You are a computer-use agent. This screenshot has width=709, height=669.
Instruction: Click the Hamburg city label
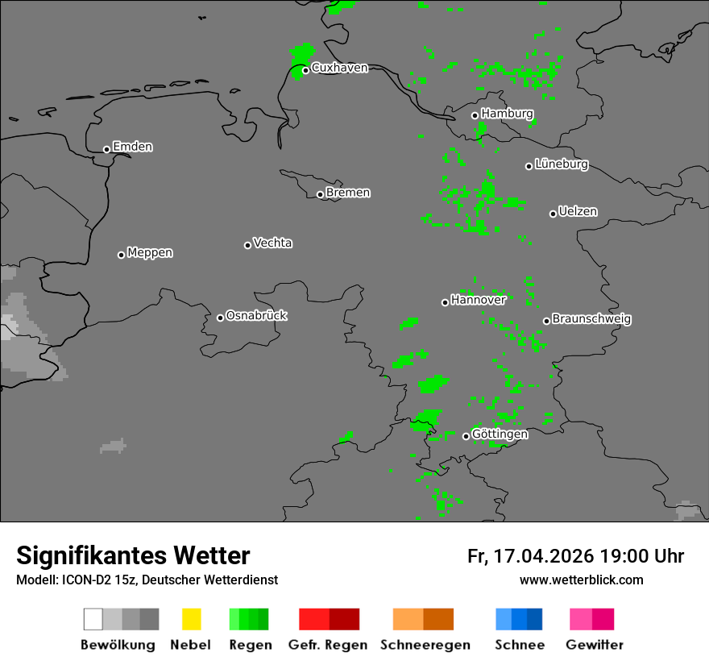coord(507,114)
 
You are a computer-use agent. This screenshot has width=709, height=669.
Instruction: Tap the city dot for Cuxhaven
coord(305,70)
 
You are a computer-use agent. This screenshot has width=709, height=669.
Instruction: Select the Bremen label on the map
coord(348,193)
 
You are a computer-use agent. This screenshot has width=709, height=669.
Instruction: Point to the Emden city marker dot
coord(106,149)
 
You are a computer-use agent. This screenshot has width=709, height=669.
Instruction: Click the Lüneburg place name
coord(561,164)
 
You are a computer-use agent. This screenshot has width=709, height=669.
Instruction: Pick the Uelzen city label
coord(578,212)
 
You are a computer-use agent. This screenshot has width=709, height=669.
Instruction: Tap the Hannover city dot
coord(445,302)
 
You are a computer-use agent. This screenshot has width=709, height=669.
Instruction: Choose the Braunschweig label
coord(591,319)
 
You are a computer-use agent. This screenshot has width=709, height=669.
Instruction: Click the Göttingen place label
coord(500,434)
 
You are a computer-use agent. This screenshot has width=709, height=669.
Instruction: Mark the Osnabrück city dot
coord(220,318)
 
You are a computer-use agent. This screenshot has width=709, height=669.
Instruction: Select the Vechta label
coord(272,243)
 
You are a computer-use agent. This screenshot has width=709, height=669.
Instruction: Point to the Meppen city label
coord(150,253)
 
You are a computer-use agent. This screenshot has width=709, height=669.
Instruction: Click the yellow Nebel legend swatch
coord(191,619)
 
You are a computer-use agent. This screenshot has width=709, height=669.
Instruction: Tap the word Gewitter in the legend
coord(595,645)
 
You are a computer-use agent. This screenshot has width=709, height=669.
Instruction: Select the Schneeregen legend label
coord(424,645)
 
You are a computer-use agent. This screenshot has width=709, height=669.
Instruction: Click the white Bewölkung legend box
coord(93,619)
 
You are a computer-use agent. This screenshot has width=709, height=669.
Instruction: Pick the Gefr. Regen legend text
coord(328,645)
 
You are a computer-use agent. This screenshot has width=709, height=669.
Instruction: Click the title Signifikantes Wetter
coord(133,556)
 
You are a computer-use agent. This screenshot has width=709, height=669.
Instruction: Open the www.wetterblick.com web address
coord(581,580)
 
